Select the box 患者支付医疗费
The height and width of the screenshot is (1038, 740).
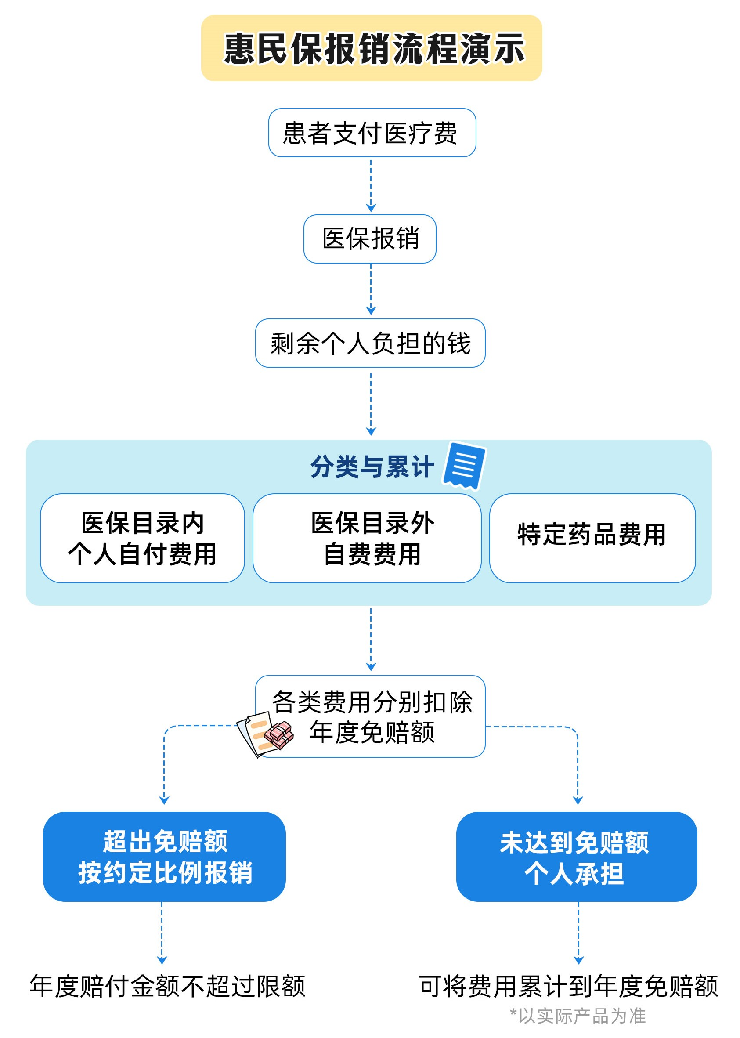click(x=372, y=133)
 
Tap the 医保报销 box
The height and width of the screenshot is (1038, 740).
click(x=369, y=239)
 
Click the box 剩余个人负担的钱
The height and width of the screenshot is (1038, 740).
click(x=370, y=343)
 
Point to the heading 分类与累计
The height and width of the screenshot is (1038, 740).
click(x=372, y=467)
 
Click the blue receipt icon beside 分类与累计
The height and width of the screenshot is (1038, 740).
click(x=464, y=465)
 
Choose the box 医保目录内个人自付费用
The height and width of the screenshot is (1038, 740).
click(x=142, y=538)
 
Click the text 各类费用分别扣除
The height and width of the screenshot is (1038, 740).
click(x=372, y=702)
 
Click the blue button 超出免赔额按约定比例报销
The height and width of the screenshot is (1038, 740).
click(x=164, y=856)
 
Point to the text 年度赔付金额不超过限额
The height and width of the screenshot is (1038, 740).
click(x=167, y=986)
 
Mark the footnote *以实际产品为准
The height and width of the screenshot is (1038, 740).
click(x=578, y=1016)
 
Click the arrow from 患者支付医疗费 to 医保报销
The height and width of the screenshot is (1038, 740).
click(x=371, y=184)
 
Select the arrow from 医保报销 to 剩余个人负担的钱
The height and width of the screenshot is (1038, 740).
click(x=371, y=289)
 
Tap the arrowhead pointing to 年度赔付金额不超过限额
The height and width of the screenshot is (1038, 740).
click(x=162, y=960)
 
